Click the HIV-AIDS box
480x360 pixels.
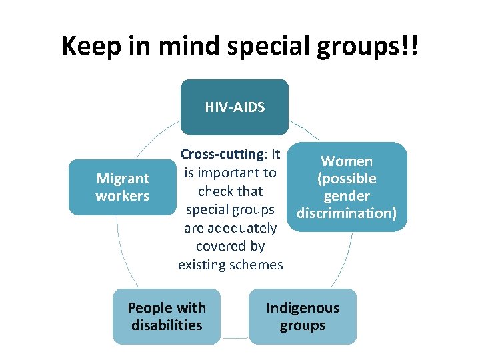click(x=234, y=107)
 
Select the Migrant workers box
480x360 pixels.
click(x=123, y=187)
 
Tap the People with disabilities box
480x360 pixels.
click(x=166, y=317)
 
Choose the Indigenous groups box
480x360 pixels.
click(x=303, y=317)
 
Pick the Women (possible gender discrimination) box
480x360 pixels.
click(x=347, y=187)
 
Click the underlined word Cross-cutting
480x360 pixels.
click(x=222, y=154)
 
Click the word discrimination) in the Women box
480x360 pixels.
click(x=347, y=213)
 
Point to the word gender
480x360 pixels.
click(x=347, y=196)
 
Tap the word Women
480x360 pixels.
click(x=347, y=161)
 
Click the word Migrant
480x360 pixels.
click(x=123, y=179)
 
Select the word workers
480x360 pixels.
click(x=123, y=196)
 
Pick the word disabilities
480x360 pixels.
click(x=167, y=325)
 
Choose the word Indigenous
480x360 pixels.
click(x=303, y=308)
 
